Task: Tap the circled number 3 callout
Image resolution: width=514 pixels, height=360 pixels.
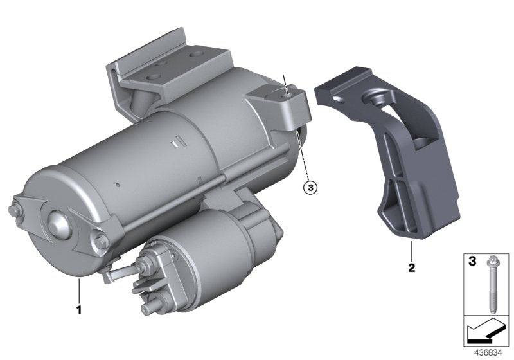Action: coord(309,188)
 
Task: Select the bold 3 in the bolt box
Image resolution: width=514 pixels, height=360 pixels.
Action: coord(472,262)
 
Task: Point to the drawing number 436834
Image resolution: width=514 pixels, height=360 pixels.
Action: coord(491,352)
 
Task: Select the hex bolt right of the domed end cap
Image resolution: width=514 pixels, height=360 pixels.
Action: coord(100,242)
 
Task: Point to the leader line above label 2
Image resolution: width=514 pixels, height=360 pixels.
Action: coord(409,250)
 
